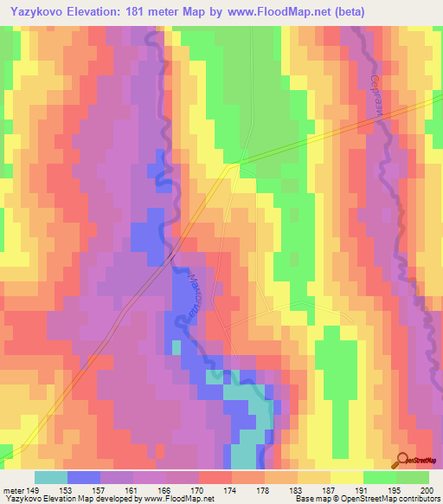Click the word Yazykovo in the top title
tap(39, 12)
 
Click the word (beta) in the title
tap(344, 12)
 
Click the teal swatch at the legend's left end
tap(50, 477)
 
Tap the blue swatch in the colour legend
tap(83, 477)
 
